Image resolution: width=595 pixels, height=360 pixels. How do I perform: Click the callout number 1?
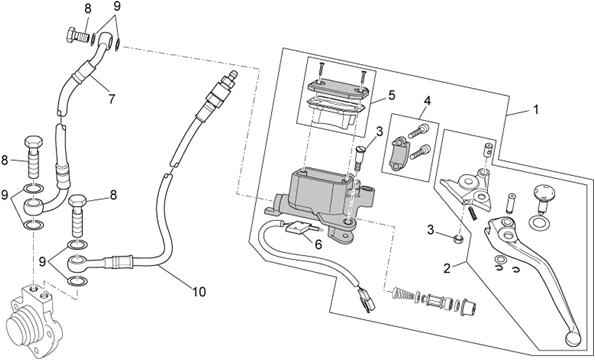click(535, 109)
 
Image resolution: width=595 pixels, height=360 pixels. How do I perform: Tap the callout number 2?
click(447, 269)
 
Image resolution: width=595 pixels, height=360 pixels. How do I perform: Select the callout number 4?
click(428, 101)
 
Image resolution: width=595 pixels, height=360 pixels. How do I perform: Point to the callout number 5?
click(392, 95)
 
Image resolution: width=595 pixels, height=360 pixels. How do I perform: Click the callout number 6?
click(318, 245)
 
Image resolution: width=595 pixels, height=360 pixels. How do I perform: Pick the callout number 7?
click(112, 99)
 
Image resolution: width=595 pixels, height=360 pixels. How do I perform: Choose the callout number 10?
click(199, 291)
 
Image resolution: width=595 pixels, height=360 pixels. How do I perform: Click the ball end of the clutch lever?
click(572, 338)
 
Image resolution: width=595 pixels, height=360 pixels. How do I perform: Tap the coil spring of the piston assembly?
click(403, 293)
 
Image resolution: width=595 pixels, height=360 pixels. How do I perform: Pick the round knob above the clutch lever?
click(545, 191)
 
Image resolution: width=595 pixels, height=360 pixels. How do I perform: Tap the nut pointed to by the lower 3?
click(458, 239)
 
